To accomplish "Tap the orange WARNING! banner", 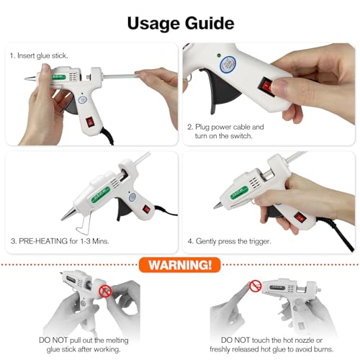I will pyautogui.click(x=179, y=265).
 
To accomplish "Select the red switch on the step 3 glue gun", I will pyautogui.click(x=147, y=210).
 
